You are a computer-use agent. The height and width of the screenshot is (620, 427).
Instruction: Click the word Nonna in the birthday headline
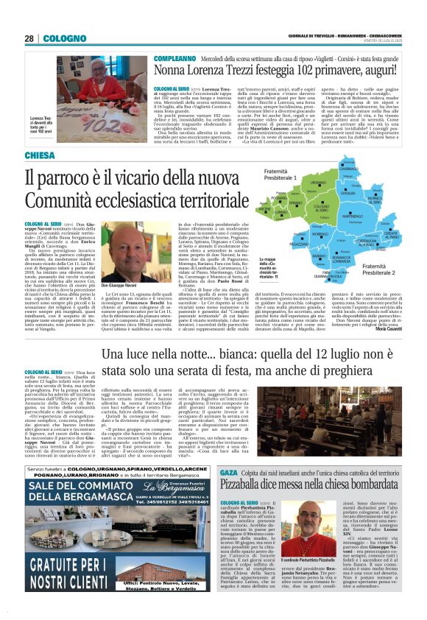(172, 71)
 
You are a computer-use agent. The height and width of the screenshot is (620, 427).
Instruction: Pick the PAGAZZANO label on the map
(276, 242)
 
